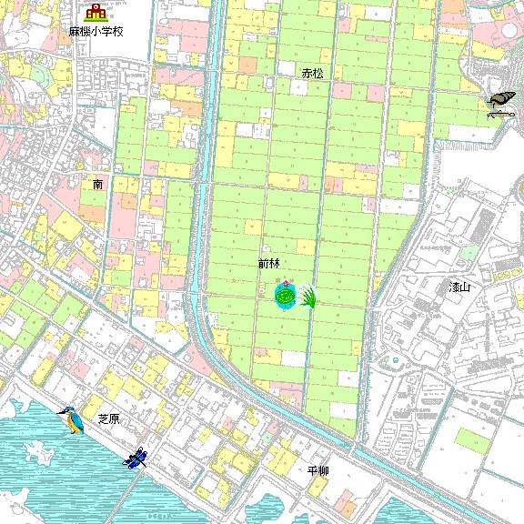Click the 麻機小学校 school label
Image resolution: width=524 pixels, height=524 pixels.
(96, 31)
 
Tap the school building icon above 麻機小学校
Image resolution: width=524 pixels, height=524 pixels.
(96, 12)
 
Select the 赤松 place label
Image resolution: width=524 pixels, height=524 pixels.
(313, 72)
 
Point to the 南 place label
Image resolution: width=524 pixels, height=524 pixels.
(97, 184)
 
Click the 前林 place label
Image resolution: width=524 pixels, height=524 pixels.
(268, 263)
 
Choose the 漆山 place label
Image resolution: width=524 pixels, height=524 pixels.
(459, 287)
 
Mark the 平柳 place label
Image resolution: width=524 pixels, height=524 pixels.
(317, 470)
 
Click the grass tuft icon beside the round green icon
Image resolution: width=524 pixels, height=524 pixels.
(307, 297)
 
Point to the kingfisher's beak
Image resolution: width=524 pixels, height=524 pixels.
(59, 410)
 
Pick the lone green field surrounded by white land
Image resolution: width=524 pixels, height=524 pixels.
(471, 439)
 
